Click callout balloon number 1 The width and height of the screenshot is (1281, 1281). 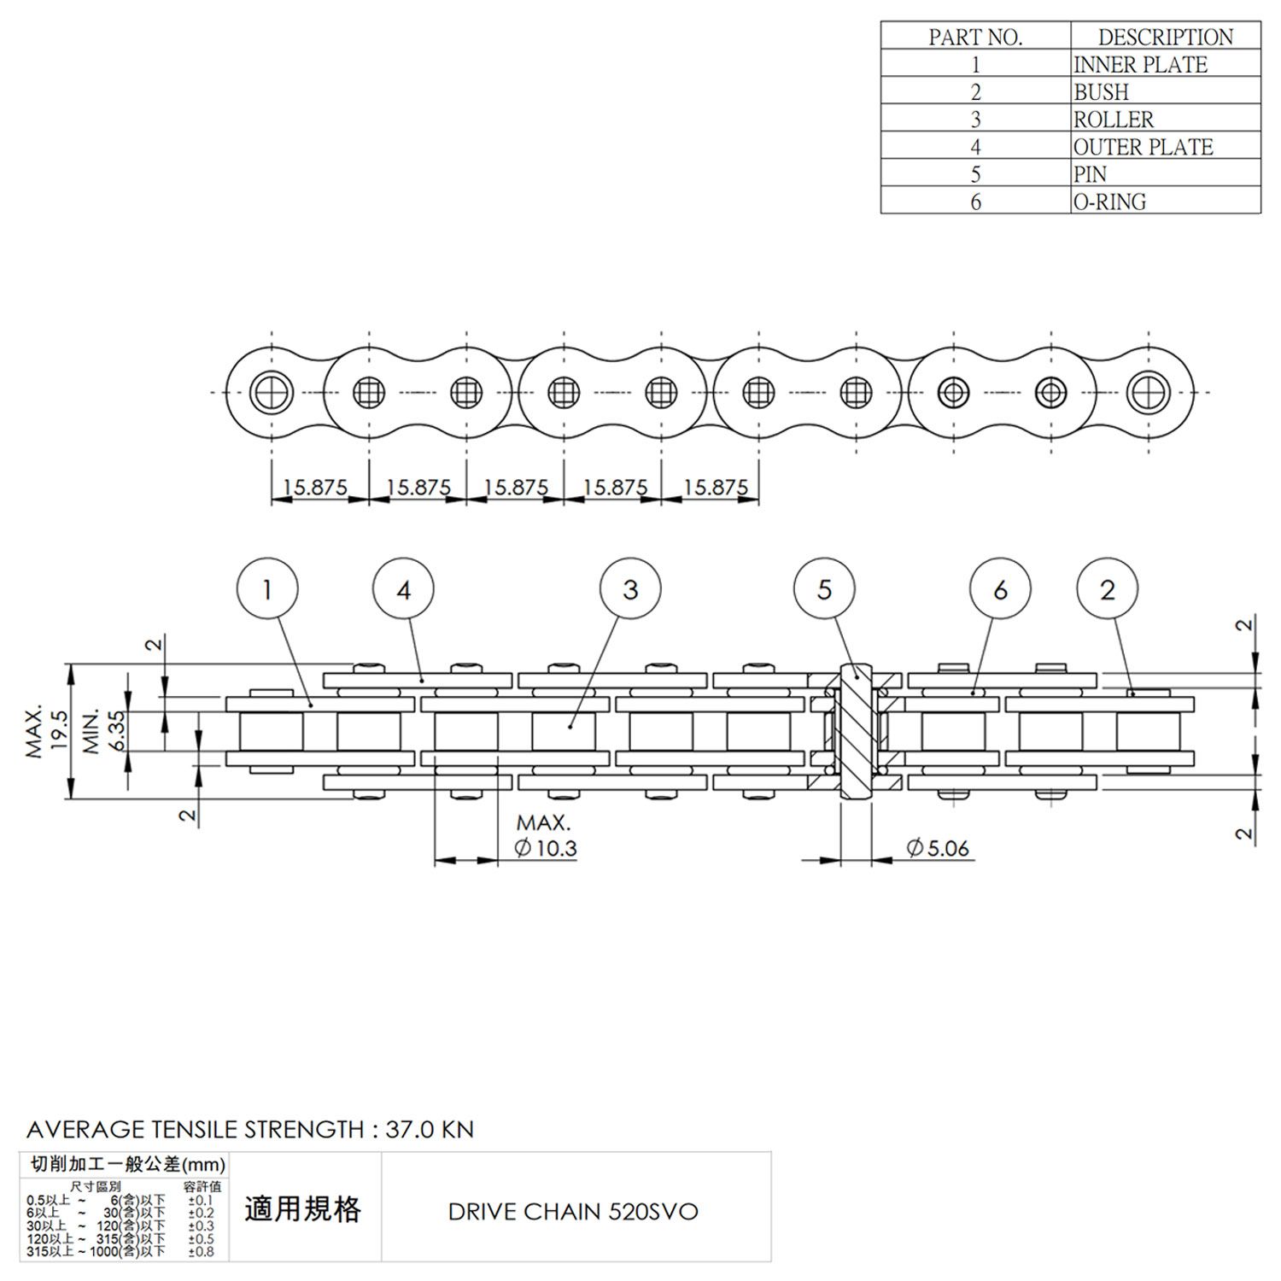tap(267, 589)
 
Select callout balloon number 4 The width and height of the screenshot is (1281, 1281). tap(404, 589)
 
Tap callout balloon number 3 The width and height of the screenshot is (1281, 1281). tap(630, 589)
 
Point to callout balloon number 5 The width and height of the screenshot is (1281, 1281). tap(824, 589)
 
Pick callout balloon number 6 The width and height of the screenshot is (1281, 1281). tap(1000, 589)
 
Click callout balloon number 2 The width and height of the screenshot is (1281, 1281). tap(1108, 589)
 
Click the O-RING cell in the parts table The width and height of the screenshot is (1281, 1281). tap(1165, 202)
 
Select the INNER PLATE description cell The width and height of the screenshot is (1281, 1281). tap(1165, 64)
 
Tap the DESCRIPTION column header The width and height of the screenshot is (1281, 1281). tap(1165, 37)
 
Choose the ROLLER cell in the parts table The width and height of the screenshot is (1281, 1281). tap(1165, 119)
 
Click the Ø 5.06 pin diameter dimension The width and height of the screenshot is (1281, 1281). tap(938, 848)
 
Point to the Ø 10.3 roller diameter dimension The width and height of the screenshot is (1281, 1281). tap(547, 848)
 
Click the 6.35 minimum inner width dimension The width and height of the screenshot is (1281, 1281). tap(116, 732)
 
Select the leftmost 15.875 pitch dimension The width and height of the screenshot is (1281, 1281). tap(315, 488)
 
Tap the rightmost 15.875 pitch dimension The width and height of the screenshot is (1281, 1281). tap(716, 488)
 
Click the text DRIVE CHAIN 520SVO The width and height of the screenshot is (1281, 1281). tap(573, 1211)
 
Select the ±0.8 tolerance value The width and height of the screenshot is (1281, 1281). tap(202, 1252)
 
